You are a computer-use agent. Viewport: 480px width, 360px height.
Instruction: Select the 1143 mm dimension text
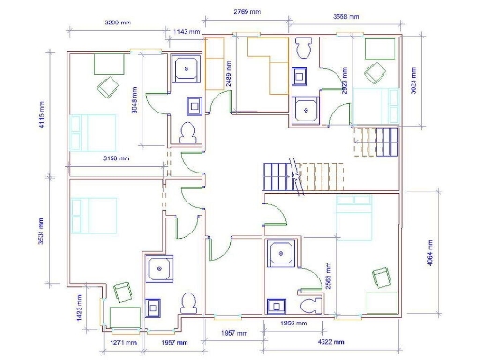187,31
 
